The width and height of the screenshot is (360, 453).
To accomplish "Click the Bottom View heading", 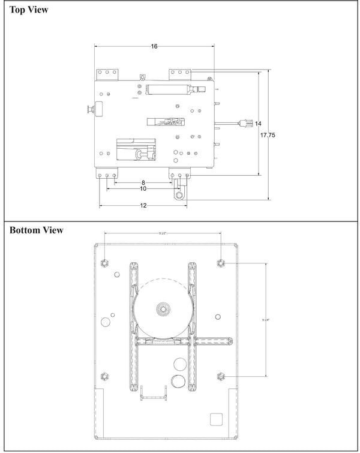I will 37,230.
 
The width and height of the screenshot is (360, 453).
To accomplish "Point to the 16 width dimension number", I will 154,46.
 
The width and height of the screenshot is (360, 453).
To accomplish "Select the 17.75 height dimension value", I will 268,136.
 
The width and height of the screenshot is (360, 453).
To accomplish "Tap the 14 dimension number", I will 258,124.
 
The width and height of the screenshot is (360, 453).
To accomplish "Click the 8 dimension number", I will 143,182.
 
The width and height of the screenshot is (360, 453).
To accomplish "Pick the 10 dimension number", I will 143,189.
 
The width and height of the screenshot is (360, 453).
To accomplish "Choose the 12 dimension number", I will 143,206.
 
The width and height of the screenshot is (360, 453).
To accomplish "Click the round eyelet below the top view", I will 178,194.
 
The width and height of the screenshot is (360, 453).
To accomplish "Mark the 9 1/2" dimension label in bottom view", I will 163,233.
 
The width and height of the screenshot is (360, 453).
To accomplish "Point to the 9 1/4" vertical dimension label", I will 265,319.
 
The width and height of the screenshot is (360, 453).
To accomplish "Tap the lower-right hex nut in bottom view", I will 221,376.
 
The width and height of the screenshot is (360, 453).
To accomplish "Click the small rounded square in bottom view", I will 215,419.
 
